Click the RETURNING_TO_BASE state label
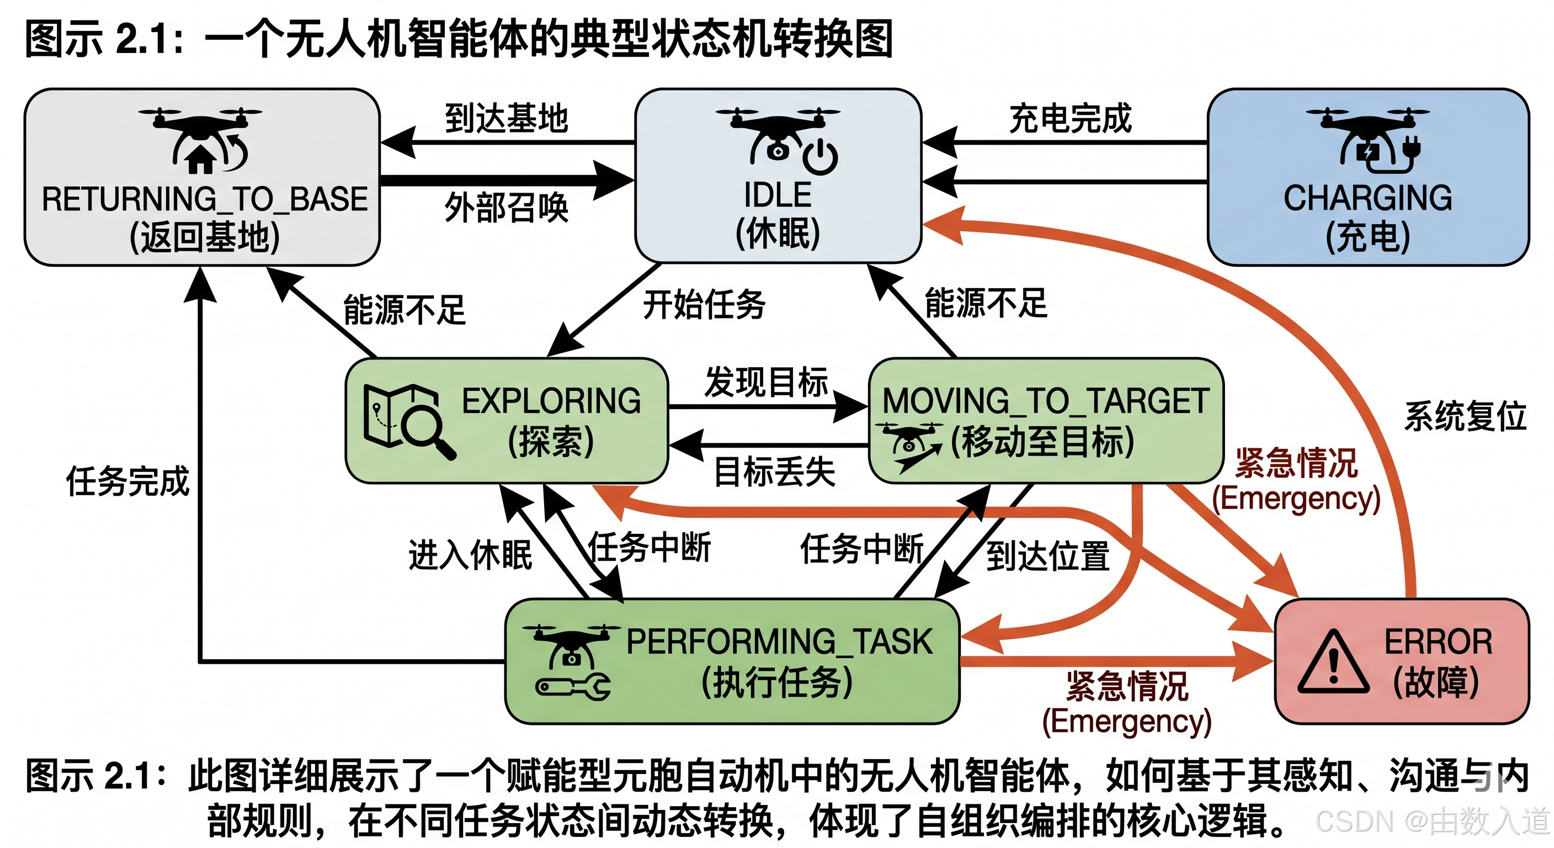pyautogui.click(x=205, y=199)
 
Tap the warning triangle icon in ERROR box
pyautogui.click(x=1334, y=662)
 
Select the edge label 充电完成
pyautogui.click(x=1070, y=118)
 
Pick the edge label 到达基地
pyautogui.click(x=506, y=118)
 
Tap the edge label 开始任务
pyautogui.click(x=704, y=304)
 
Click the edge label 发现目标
pyautogui.click(x=766, y=383)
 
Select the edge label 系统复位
pyautogui.click(x=1465, y=416)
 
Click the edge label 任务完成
pyautogui.click(x=128, y=481)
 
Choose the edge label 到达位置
pyautogui.click(x=1048, y=555)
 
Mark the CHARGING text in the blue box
pyautogui.click(x=1367, y=198)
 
